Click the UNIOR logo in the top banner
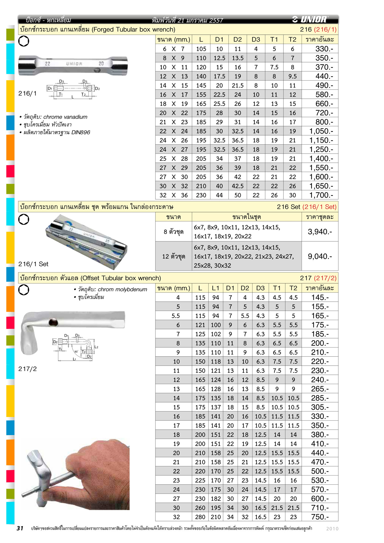(310, 19)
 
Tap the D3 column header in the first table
(256, 39)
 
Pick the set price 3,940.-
(320, 232)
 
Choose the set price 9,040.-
(320, 256)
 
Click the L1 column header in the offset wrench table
(215, 288)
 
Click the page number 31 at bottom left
(20, 528)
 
